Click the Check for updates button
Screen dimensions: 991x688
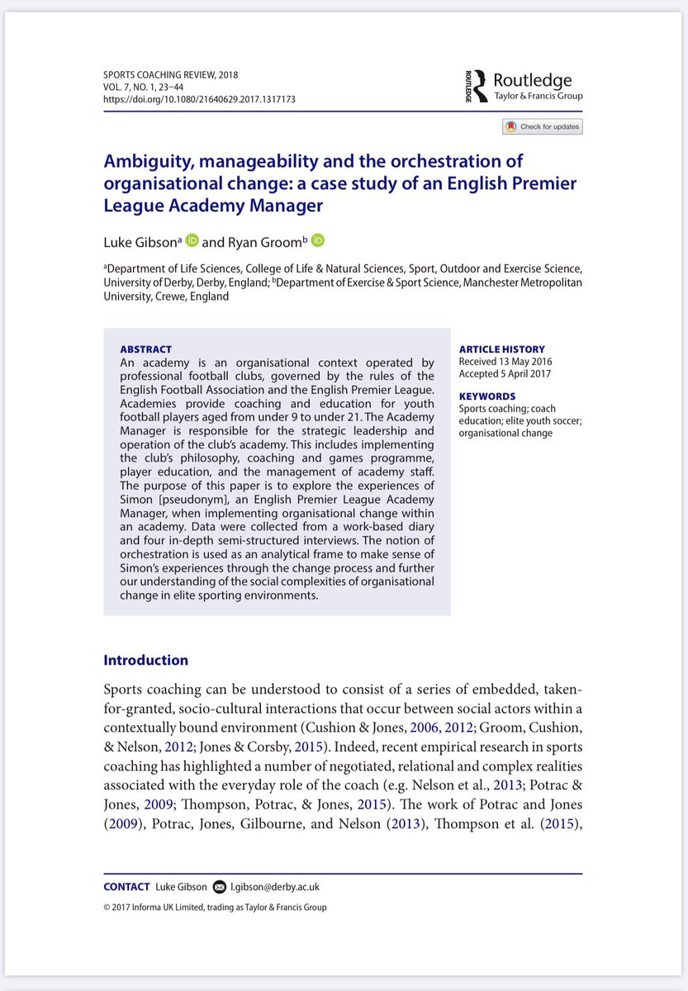542,126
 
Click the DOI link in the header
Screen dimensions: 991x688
199,100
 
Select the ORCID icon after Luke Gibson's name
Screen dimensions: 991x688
192,240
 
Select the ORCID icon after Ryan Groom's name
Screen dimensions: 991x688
318,240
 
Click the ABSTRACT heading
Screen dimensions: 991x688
146,349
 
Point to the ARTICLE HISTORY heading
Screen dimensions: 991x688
501,349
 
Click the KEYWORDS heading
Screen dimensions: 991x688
486,396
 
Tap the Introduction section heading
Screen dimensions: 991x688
145,660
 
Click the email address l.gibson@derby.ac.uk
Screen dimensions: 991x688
274,887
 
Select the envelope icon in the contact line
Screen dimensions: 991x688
219,887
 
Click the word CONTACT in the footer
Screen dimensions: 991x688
126,887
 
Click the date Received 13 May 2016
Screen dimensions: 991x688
505,362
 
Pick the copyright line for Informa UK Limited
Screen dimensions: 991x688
215,908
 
